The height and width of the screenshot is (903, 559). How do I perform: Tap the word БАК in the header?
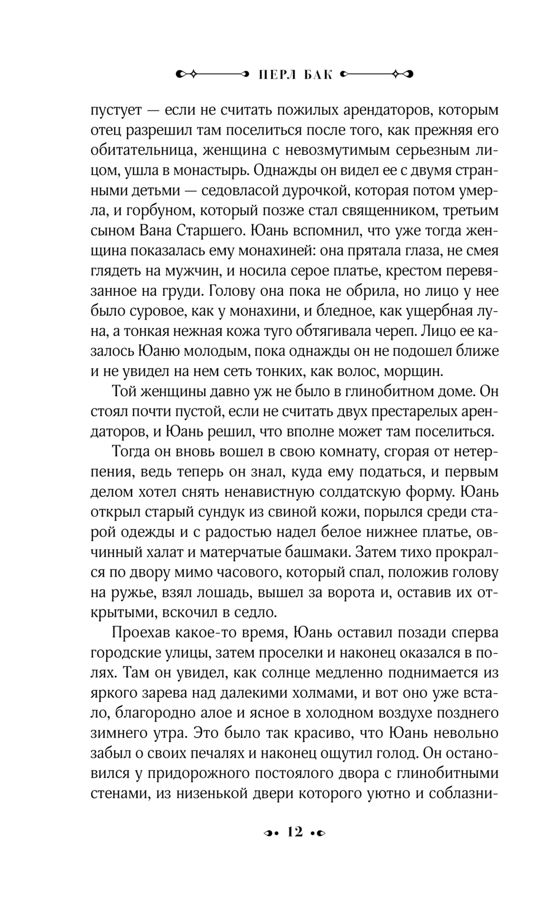[318, 73]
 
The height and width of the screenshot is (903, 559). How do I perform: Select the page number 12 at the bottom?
[295, 832]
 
